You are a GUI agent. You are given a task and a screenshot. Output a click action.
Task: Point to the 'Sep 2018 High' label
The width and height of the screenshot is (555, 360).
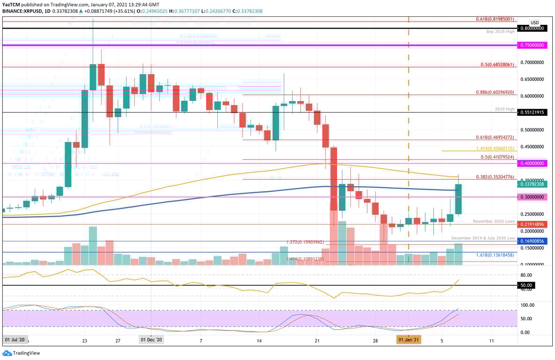[x=500, y=32]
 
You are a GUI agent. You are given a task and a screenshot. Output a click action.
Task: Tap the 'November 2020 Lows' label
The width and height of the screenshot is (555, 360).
[x=494, y=221]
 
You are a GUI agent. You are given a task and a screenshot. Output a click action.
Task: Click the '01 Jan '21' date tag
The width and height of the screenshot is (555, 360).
[x=408, y=339]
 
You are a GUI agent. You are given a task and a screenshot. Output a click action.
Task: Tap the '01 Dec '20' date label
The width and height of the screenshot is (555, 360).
[x=151, y=339]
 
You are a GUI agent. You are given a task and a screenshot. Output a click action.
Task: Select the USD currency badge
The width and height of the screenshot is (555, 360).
[x=534, y=22]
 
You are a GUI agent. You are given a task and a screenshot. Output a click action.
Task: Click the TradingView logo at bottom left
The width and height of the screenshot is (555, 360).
[x=22, y=353]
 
